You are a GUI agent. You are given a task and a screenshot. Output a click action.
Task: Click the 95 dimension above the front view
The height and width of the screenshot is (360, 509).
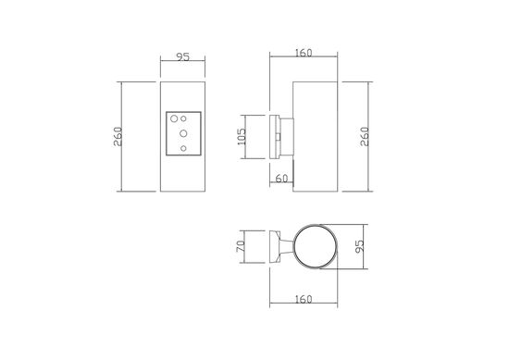click(x=183, y=57)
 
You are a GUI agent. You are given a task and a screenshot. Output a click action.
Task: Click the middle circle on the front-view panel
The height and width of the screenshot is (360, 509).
click(x=182, y=133)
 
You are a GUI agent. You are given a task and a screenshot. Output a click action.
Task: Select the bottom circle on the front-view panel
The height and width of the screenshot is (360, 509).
click(x=183, y=147)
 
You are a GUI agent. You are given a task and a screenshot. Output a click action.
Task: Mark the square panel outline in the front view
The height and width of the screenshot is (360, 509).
click(x=182, y=133)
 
